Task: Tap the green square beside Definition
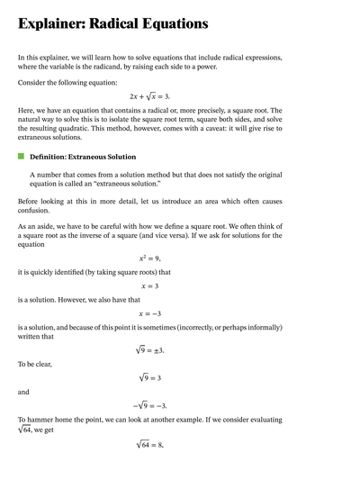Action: tap(21, 157)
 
